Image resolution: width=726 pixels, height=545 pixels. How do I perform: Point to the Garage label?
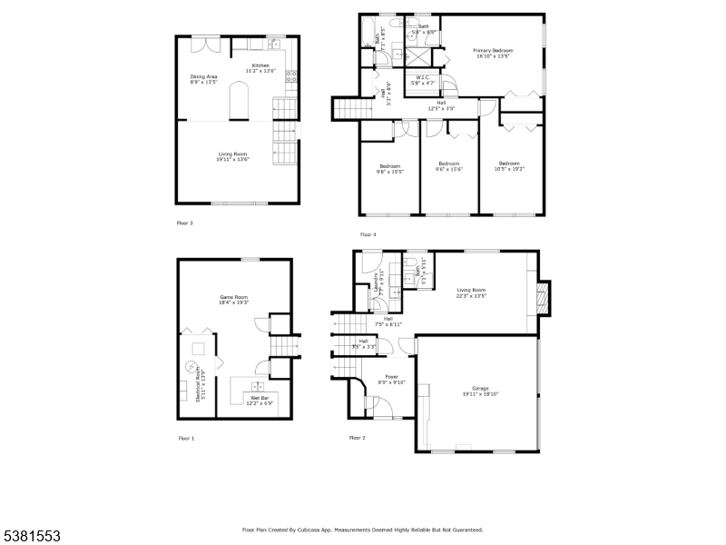(x=480, y=391)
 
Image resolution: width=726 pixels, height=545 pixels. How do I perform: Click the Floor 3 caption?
(x=184, y=222)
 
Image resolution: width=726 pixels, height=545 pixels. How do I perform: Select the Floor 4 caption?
(x=368, y=234)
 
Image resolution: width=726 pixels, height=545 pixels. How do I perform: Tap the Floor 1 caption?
(x=186, y=438)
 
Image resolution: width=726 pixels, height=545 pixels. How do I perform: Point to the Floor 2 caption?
(x=358, y=438)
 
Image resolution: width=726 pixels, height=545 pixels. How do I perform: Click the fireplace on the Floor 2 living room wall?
(x=543, y=296)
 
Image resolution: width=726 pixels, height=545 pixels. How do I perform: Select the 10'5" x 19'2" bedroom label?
(x=509, y=166)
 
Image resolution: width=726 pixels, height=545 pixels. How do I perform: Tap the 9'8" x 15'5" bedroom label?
(x=389, y=168)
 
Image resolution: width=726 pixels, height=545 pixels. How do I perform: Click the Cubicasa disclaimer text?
(x=362, y=530)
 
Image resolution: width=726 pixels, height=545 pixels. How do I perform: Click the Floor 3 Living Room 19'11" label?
(x=232, y=156)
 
